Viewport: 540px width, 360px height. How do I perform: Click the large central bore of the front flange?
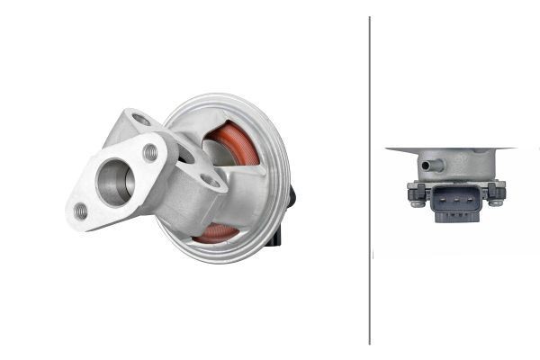coord(116,181)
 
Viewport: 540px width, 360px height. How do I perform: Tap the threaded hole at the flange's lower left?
coord(81,211)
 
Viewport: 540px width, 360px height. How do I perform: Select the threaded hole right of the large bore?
coord(150,153)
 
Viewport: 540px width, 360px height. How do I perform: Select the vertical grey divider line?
coord(370,180)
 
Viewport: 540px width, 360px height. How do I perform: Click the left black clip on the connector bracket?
coord(415,190)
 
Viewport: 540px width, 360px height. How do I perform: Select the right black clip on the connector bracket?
coord(496,190)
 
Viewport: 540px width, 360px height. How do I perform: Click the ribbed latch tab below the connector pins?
coord(451,216)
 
